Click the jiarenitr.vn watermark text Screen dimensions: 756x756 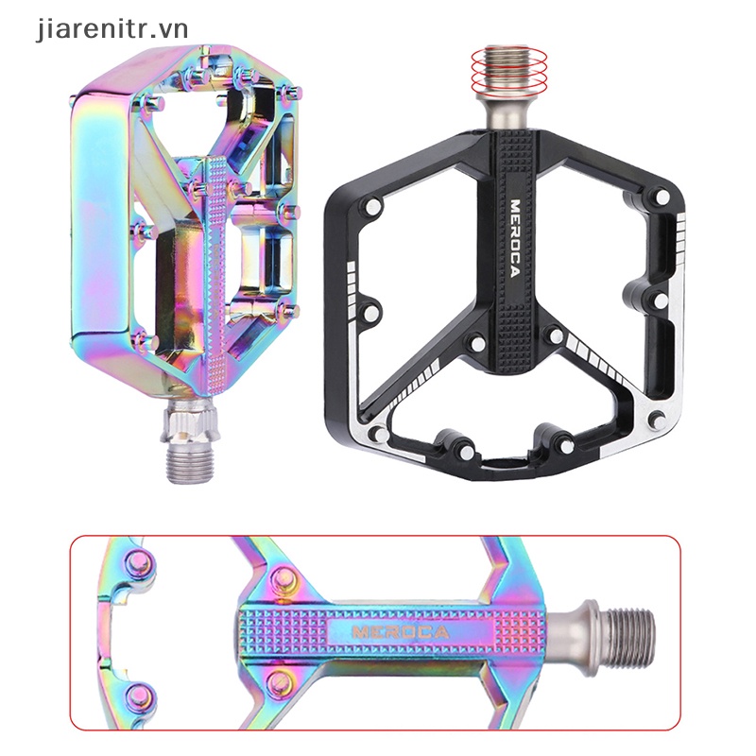click(x=112, y=30)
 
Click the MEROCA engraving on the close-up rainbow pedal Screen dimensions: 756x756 click(x=401, y=631)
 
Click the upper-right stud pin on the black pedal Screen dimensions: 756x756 click(x=663, y=196)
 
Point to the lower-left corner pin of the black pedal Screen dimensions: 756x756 click(x=382, y=436)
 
